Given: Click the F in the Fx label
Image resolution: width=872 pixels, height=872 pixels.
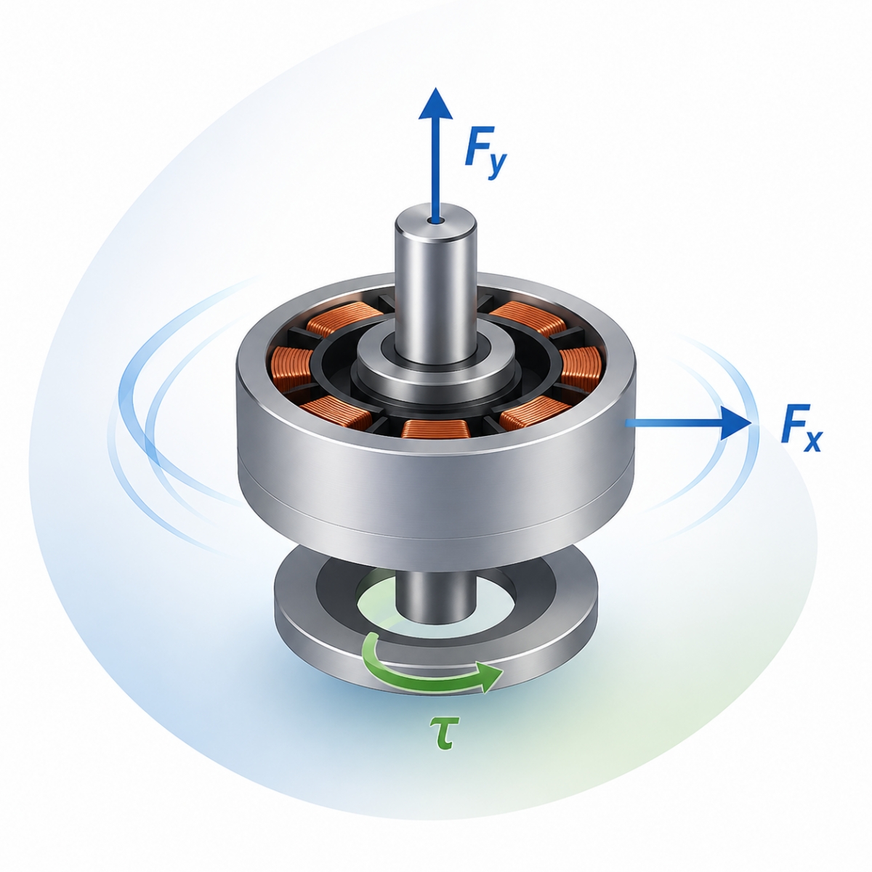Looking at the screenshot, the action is click(x=793, y=423).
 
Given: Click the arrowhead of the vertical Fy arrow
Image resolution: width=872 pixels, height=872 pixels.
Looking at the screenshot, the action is click(x=435, y=103).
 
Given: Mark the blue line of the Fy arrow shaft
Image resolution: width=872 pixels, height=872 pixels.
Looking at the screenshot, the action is click(x=435, y=170).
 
